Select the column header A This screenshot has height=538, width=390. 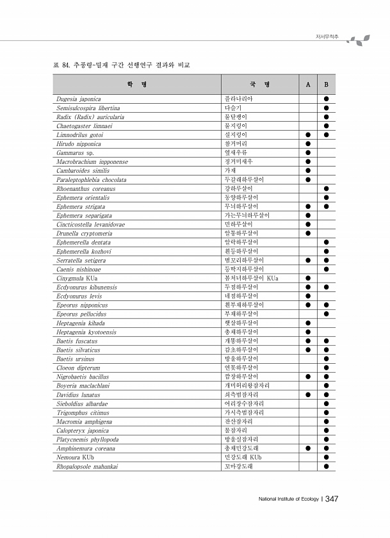(308, 85)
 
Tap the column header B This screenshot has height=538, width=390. (326, 85)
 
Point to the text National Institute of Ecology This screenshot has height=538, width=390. (288, 500)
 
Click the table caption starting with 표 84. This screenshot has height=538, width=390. (121, 65)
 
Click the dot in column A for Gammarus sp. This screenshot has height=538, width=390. (308, 153)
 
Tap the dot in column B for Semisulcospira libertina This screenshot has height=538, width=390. (326, 108)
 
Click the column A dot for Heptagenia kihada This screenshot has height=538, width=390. (308, 323)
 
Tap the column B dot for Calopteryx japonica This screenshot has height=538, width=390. (326, 431)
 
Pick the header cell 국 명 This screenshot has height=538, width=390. (260, 85)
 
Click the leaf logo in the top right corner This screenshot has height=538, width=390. (358, 40)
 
